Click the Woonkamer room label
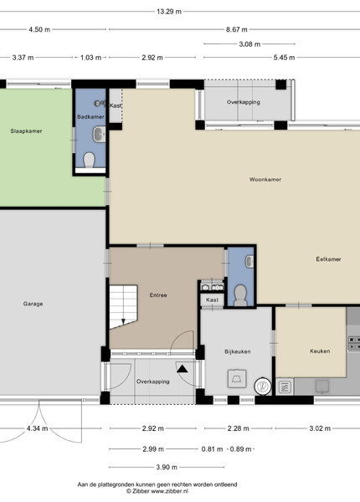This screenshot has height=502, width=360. click(x=265, y=179)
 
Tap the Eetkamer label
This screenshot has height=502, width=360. click(x=328, y=259)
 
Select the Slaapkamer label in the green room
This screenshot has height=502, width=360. click(x=26, y=131)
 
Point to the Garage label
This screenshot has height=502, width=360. click(x=33, y=304)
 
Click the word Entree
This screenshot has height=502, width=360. click(x=158, y=295)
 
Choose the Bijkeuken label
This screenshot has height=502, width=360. click(x=237, y=351)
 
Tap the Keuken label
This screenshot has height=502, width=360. click(x=320, y=351)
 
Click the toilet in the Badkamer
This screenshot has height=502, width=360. click(x=90, y=160)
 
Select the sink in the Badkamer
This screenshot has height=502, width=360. click(x=100, y=134)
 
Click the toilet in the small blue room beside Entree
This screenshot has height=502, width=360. click(x=240, y=295)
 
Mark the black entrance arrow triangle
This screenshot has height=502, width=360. click(x=183, y=369)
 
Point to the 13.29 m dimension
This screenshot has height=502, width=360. click(x=169, y=12)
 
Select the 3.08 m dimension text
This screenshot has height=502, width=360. click(x=249, y=44)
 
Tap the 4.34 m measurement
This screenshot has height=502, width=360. click(x=37, y=428)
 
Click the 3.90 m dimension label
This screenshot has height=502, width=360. click(x=167, y=467)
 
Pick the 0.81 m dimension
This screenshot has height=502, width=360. click(x=212, y=449)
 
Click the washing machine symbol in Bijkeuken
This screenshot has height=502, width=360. click(x=237, y=379)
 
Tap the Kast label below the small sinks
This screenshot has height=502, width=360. click(x=212, y=300)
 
